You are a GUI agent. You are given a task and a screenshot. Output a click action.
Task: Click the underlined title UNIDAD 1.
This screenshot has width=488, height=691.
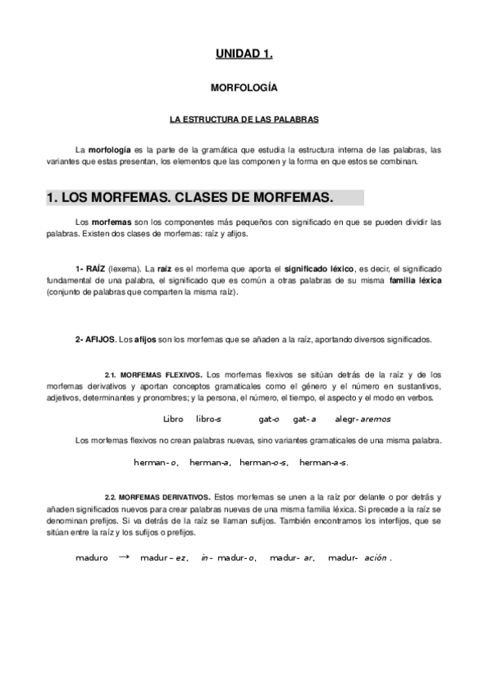(244, 54)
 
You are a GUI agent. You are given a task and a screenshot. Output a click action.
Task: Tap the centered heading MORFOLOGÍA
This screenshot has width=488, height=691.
(244, 86)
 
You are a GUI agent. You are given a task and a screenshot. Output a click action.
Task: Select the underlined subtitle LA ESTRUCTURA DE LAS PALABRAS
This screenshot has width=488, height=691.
(244, 119)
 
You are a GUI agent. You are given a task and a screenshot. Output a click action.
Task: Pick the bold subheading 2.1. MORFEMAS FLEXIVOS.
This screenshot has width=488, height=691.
(155, 374)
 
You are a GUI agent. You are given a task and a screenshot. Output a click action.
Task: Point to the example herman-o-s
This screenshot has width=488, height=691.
(264, 463)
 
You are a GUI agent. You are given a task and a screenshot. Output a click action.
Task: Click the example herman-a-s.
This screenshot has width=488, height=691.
(323, 463)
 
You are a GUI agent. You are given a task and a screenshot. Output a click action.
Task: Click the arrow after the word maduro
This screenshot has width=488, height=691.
(124, 557)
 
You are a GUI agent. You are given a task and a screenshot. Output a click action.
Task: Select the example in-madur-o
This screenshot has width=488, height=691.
(229, 558)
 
